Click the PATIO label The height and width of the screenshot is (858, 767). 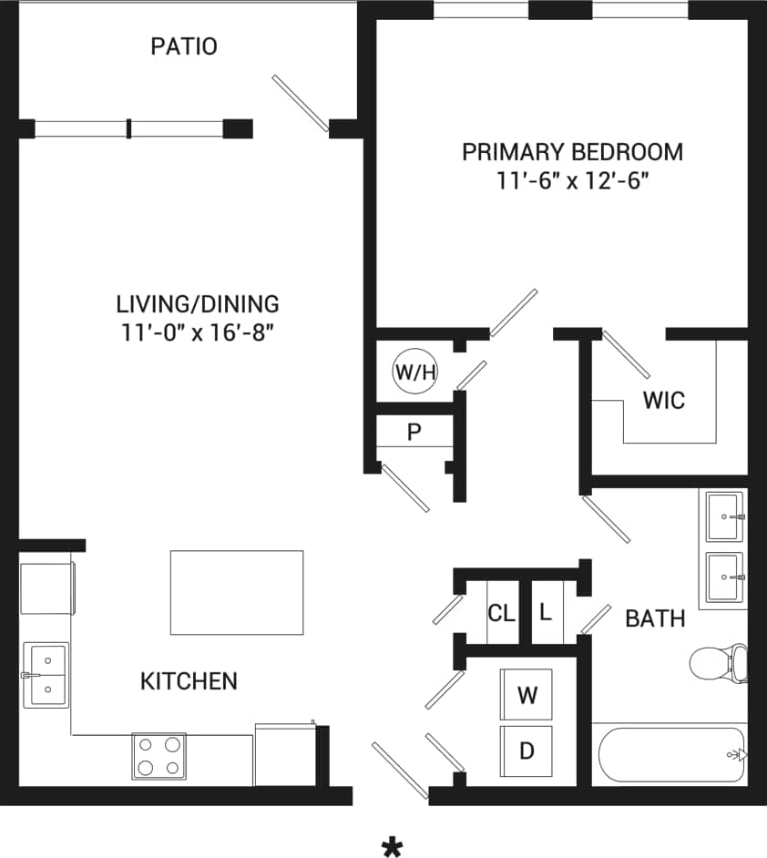(x=184, y=46)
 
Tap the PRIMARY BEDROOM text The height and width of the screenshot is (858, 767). (x=572, y=152)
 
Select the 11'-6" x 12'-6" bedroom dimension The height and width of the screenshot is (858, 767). (x=572, y=180)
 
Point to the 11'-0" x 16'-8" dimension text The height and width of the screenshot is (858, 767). (x=198, y=332)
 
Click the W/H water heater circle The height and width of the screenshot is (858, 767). (x=415, y=371)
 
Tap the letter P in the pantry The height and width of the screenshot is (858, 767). (x=414, y=432)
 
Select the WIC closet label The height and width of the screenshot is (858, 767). (x=663, y=401)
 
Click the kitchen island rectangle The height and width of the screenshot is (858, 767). (x=237, y=592)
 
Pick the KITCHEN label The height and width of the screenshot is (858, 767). (x=189, y=680)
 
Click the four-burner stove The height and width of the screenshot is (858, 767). (x=159, y=756)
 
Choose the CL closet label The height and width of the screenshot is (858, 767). (x=501, y=613)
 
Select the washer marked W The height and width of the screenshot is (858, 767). (x=527, y=696)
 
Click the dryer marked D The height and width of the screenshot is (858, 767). (x=527, y=751)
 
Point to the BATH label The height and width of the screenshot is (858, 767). (x=655, y=619)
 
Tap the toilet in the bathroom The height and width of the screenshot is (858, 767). (x=718, y=662)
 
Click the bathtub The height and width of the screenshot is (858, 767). (x=672, y=754)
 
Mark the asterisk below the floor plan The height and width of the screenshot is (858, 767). (x=393, y=849)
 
